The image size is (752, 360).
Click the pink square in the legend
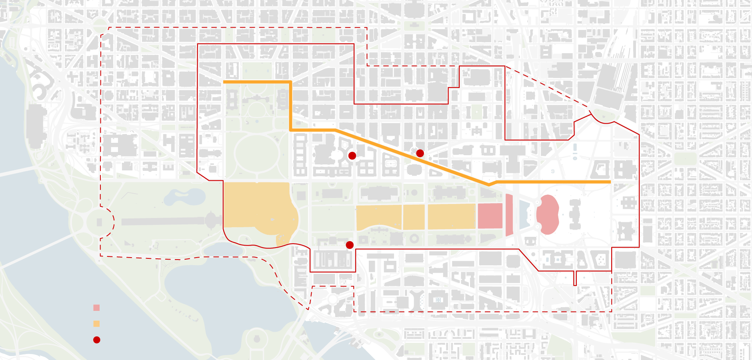point(96,308)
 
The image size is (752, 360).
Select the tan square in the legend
point(96,324)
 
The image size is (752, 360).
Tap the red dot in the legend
point(96,340)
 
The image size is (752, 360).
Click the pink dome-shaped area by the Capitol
point(548,214)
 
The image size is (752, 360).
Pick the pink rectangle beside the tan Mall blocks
point(490,216)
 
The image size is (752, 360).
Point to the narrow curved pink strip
point(509,215)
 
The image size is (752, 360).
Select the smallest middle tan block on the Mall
point(414,217)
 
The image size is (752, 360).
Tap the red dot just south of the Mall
point(350,245)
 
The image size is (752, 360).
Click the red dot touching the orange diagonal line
point(420,153)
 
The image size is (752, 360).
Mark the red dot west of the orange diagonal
point(352,156)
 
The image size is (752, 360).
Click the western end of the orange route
point(224,82)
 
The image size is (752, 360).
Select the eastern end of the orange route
point(610,182)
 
